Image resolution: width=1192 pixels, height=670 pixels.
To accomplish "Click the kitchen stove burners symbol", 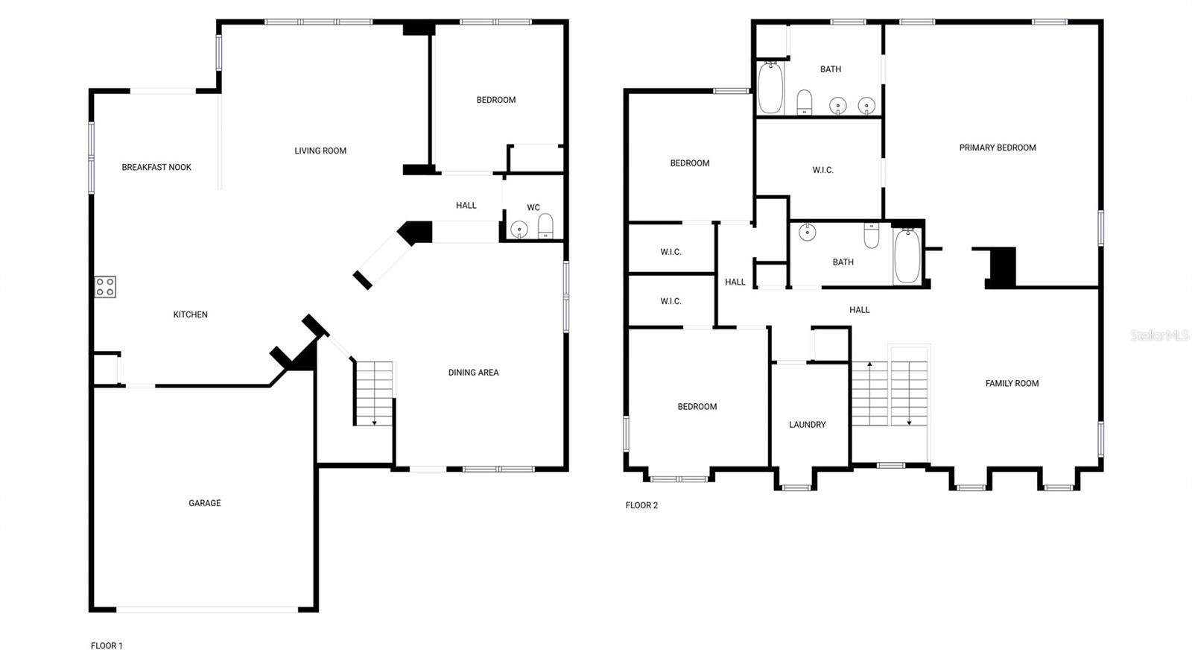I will (x=105, y=287).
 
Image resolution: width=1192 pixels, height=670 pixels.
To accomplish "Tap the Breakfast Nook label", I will (x=156, y=167).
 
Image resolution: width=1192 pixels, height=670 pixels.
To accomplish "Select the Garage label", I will (x=204, y=503).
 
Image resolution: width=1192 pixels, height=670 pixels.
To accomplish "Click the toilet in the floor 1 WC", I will (x=546, y=227).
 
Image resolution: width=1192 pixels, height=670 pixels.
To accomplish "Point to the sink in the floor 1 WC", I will (x=519, y=229).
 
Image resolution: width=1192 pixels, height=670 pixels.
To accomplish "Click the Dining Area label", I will (x=473, y=373).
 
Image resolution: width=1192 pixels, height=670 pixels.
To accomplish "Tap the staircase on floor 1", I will (x=374, y=394).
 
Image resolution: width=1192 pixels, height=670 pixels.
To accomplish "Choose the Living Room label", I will (x=320, y=151).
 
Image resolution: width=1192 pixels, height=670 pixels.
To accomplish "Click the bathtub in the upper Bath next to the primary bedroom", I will (x=770, y=88).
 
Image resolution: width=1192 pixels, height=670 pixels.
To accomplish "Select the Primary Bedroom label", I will (x=998, y=148).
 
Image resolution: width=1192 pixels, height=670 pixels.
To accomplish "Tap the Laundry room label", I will (x=808, y=425).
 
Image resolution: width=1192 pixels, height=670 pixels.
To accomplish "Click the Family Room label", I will (x=1012, y=383).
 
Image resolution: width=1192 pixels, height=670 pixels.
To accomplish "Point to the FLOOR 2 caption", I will (x=641, y=505).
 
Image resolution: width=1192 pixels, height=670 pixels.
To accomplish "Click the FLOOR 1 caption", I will (x=107, y=645).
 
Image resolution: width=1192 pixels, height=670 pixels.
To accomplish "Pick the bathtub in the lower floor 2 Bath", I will (x=907, y=256).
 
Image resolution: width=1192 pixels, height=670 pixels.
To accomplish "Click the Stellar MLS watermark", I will (x=1159, y=335).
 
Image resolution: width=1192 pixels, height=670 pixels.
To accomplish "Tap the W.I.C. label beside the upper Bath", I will (x=822, y=170).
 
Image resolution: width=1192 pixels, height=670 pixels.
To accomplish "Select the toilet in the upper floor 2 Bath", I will (x=805, y=102).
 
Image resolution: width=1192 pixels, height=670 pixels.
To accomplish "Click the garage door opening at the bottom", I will (x=207, y=610).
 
